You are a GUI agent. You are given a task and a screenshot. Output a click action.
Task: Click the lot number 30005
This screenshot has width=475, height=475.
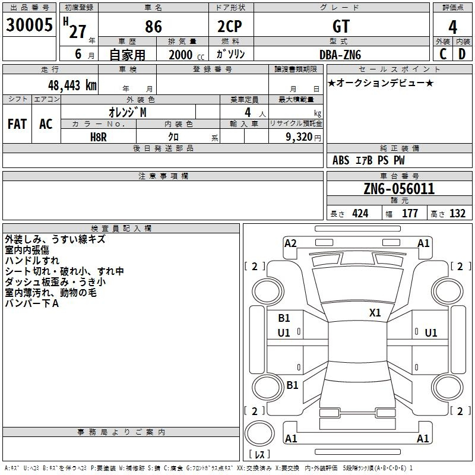[29, 25]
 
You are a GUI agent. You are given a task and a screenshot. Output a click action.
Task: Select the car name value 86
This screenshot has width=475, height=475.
[153, 27]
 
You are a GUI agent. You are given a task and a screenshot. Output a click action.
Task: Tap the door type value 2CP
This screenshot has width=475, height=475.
[230, 26]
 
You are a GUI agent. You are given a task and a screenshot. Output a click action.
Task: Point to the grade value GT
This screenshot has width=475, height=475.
[341, 26]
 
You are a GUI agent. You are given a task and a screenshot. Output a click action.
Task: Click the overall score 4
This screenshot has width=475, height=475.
[452, 27]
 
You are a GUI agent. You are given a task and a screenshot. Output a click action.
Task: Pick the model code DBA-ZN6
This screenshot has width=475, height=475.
[340, 55]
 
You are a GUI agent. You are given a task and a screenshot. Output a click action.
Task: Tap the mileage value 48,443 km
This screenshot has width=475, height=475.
[72, 85]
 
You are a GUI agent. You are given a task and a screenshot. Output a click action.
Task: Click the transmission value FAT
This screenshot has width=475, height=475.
[17, 124]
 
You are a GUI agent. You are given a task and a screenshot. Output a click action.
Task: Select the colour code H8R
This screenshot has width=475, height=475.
[99, 137]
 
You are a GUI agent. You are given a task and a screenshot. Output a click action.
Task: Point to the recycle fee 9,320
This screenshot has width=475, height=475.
[299, 137]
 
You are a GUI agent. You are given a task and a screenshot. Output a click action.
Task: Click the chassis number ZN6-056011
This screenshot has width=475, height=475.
[399, 189]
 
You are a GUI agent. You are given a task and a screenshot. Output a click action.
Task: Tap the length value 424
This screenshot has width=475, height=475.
[360, 213]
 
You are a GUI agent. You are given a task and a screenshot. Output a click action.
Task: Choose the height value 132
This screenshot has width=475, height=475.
[457, 213]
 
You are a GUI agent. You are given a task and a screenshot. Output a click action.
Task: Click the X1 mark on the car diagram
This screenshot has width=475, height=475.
[375, 313]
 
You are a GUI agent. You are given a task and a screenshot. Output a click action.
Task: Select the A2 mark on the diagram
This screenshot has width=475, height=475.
[290, 243]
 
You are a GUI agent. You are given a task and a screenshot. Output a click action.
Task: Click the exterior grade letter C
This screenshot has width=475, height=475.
[443, 54]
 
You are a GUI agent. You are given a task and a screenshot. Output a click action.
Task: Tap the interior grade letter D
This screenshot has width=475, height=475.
[462, 54]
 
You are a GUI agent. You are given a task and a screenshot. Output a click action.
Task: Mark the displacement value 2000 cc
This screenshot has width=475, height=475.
[186, 55]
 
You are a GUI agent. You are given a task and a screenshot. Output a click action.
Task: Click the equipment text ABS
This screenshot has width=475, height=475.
[341, 160]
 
